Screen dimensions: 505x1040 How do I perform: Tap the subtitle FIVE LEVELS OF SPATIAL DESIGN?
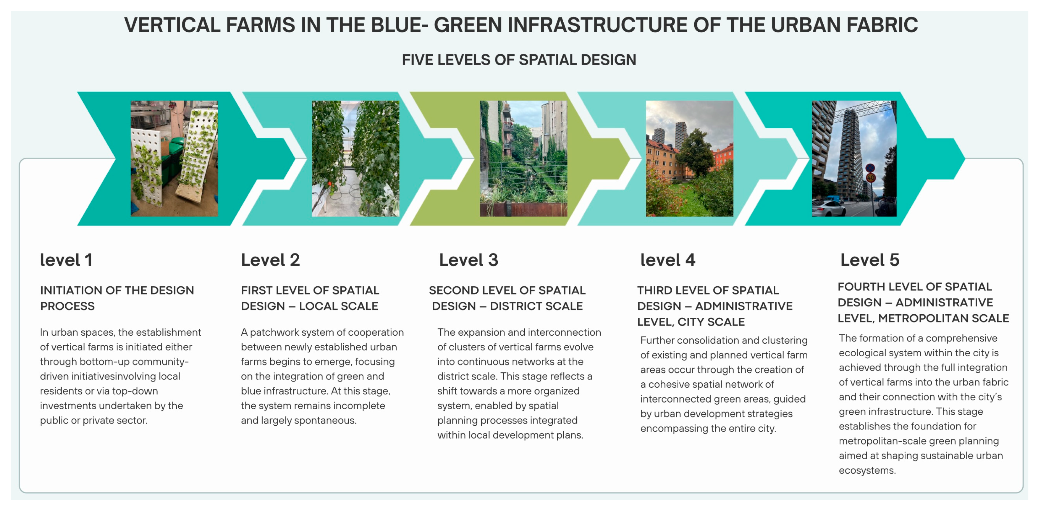tap(519, 60)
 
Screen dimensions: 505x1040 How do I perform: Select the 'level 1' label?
tap(66, 260)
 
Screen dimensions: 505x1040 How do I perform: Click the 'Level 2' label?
tap(270, 260)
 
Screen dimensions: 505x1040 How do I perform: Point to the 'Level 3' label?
tap(468, 260)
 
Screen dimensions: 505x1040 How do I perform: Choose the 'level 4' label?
tap(668, 260)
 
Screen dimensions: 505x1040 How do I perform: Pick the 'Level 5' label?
tap(869, 260)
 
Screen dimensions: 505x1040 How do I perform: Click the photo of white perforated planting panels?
tap(174, 158)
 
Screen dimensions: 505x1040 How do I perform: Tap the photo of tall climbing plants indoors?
tap(355, 158)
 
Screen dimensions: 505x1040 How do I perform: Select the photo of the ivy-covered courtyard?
tap(523, 158)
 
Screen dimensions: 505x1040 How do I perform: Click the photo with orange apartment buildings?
tap(689, 158)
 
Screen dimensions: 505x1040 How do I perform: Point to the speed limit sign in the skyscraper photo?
tap(870, 178)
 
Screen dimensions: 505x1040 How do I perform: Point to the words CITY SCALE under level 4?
tap(711, 322)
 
